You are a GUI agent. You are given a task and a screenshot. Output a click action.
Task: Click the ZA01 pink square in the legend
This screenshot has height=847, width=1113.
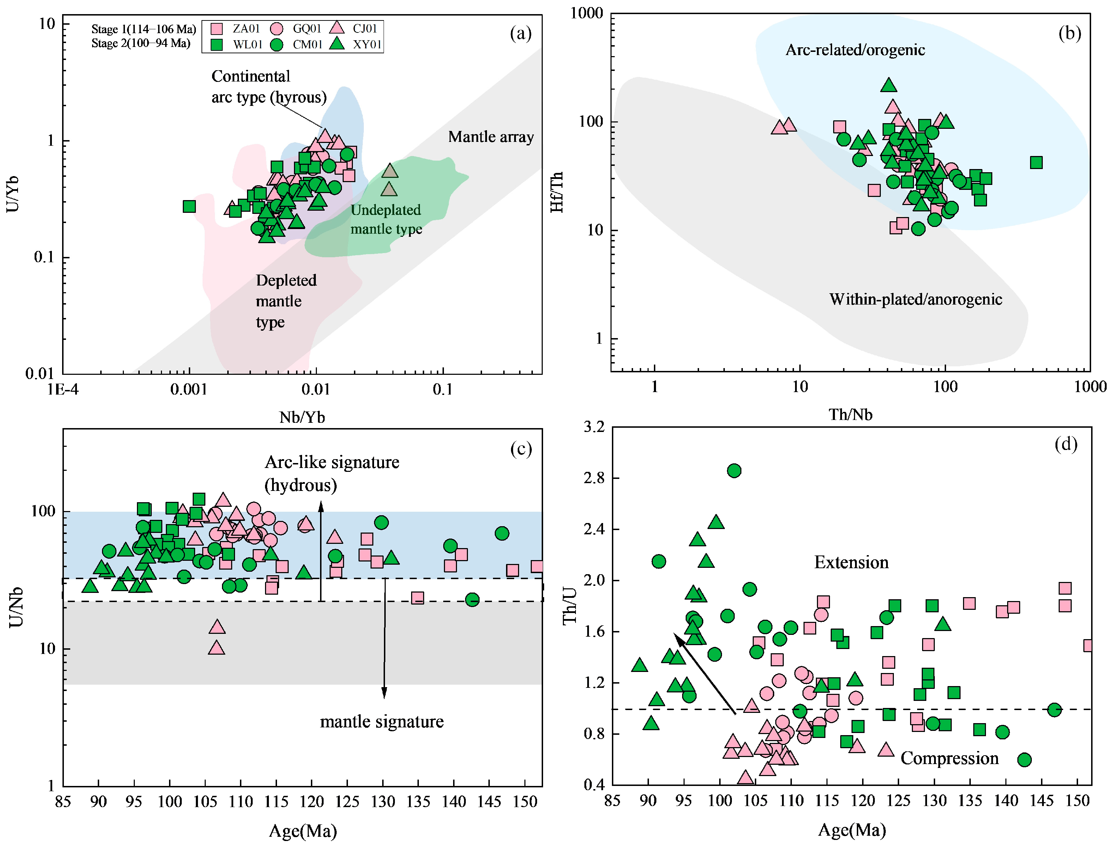click(216, 29)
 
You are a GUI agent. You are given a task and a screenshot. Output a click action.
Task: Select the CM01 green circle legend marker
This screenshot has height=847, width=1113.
click(276, 45)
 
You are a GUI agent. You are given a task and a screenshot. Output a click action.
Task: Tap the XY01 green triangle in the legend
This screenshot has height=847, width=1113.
click(337, 44)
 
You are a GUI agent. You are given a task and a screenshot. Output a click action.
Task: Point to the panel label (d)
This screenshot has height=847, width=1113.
click(1066, 444)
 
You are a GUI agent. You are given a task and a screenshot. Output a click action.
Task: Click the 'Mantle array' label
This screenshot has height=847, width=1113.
click(491, 137)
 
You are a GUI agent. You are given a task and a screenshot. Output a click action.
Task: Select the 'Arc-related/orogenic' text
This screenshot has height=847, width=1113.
click(855, 50)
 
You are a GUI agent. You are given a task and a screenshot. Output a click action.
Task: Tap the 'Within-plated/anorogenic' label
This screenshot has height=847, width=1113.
click(915, 300)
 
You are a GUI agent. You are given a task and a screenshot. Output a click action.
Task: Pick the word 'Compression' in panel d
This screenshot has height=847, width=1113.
click(949, 758)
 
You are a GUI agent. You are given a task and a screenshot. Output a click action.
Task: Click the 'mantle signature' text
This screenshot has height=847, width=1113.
click(381, 722)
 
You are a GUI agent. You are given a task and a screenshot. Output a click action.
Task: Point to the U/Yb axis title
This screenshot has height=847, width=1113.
click(13, 194)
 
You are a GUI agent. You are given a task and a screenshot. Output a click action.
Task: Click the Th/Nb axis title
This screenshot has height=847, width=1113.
click(850, 414)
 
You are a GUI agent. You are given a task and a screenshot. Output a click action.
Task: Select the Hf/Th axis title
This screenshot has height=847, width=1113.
click(556, 192)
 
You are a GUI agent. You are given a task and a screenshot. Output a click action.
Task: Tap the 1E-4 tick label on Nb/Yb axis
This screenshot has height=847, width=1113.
click(63, 390)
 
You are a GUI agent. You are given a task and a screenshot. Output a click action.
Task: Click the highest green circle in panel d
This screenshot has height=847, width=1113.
click(734, 471)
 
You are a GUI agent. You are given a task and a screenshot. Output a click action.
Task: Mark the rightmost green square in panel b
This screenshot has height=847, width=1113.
click(1036, 162)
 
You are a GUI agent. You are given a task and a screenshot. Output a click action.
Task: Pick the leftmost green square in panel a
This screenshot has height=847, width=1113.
click(189, 206)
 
